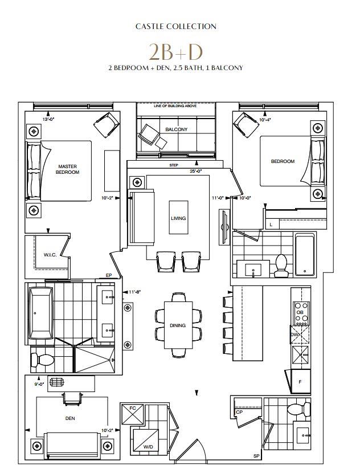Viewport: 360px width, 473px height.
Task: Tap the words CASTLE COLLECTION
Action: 175,26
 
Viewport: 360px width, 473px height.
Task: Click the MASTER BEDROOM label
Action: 68,169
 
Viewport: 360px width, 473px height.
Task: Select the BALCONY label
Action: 176,129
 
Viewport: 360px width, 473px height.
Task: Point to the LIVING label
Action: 178,218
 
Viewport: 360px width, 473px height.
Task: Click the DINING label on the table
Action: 178,325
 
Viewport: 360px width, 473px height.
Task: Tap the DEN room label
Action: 71,418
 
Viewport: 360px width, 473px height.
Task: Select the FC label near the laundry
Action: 132,409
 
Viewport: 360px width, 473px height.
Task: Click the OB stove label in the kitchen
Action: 298,313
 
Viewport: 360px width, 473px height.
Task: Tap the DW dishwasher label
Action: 295,335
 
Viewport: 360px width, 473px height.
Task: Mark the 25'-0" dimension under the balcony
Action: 196,170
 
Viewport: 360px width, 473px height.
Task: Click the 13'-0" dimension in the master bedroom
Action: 49,120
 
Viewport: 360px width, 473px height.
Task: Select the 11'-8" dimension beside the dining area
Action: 134,292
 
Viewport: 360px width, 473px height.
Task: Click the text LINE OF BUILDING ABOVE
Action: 175,107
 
